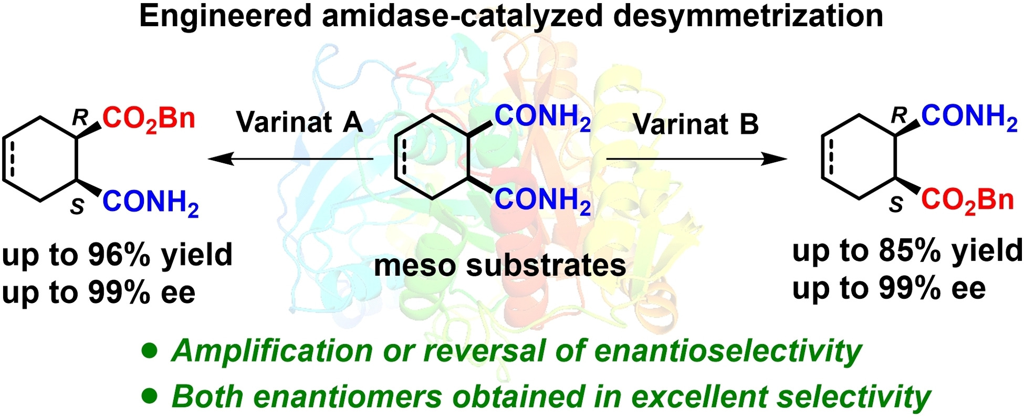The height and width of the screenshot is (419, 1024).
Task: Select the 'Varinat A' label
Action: (x=299, y=122)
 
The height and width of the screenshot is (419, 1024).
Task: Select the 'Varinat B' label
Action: (x=695, y=124)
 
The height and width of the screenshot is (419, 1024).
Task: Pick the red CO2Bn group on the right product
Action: (x=967, y=201)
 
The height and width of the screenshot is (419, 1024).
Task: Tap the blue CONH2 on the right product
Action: (x=969, y=117)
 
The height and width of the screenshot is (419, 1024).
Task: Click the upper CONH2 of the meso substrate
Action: (x=542, y=117)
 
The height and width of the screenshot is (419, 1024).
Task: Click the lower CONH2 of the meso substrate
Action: (x=542, y=200)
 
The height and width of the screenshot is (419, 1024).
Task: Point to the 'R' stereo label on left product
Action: (x=80, y=118)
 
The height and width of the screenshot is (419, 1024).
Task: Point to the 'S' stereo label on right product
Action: (x=896, y=205)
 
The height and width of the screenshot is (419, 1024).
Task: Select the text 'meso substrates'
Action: (x=500, y=265)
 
